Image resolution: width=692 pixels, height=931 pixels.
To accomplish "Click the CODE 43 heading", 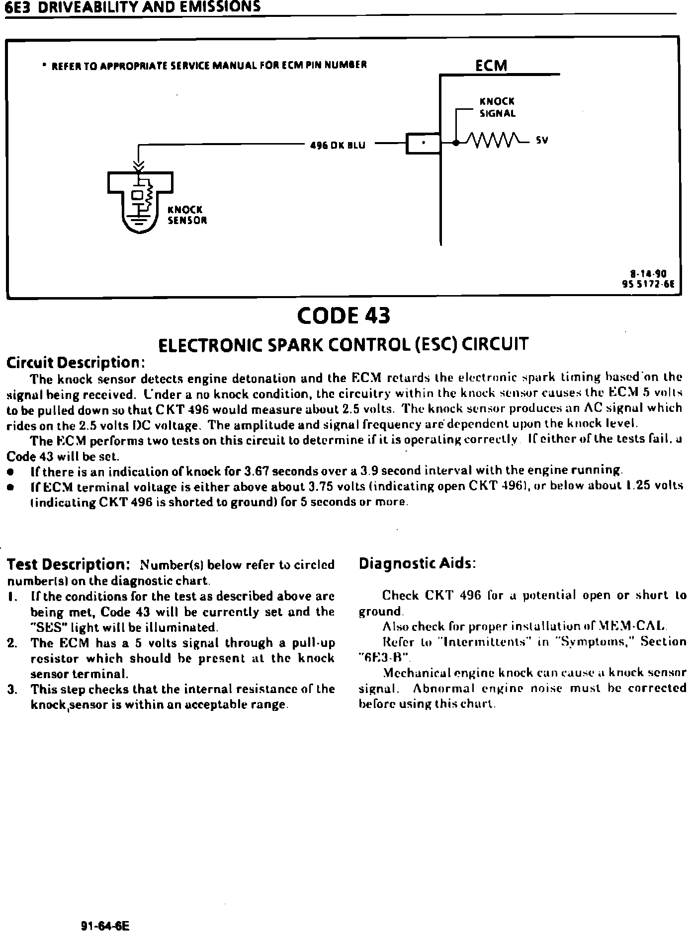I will [x=343, y=316].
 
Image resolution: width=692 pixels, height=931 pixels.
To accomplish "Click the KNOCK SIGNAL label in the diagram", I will [x=497, y=107].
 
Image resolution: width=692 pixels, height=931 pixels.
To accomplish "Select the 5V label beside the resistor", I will [x=542, y=141].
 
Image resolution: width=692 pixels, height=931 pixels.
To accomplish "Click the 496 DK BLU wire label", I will [x=338, y=146].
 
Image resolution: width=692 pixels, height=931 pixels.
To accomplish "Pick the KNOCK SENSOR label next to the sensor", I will [x=187, y=215].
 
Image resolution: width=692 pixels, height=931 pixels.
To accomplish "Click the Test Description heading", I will [x=69, y=565].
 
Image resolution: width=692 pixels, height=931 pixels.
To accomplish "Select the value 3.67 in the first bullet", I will [x=258, y=470].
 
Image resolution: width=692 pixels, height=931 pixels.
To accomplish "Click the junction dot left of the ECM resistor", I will [x=456, y=143].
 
